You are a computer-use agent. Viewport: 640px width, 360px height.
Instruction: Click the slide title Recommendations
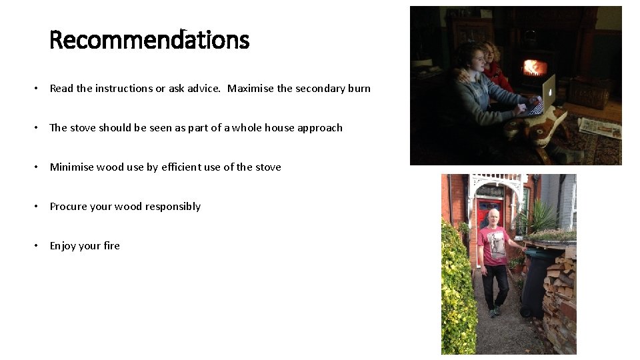pyautogui.click(x=149, y=40)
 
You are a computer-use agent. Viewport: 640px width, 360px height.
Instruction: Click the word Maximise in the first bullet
pyautogui.click(x=250, y=88)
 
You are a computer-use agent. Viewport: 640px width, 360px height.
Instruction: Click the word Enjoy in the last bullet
pyautogui.click(x=63, y=245)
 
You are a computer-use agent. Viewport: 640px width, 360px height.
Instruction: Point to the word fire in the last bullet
pyautogui.click(x=111, y=245)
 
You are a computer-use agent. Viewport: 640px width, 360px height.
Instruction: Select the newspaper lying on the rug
pyautogui.click(x=599, y=126)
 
